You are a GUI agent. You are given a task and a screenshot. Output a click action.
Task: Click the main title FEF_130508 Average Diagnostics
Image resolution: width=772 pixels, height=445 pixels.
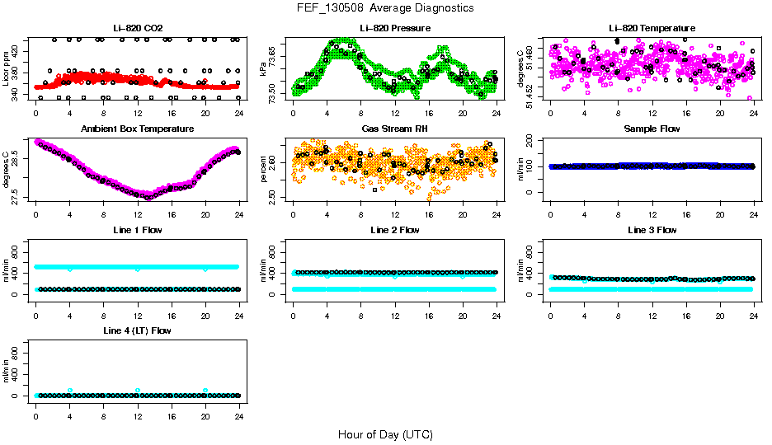(385, 7)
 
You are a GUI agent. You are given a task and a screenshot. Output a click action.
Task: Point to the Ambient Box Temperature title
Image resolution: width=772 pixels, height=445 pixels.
(138, 129)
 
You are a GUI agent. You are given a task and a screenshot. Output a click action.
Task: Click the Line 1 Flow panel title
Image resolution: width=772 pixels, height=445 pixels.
(138, 230)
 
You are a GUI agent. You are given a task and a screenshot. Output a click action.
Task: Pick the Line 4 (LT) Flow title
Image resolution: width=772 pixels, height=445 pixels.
(138, 331)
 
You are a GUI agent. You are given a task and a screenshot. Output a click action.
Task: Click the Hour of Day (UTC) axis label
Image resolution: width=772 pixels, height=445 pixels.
(385, 434)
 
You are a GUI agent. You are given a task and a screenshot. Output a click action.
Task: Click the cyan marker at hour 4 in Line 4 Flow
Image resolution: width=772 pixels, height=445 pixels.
(70, 391)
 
